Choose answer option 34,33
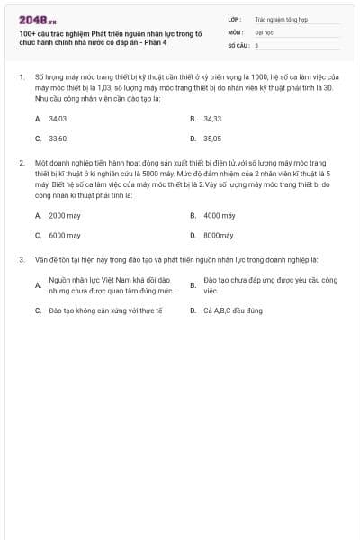pyautogui.click(x=212, y=118)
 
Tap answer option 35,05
pyautogui.click(x=212, y=139)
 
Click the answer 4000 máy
pyautogui.click(x=219, y=215)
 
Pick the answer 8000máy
pyautogui.click(x=218, y=235)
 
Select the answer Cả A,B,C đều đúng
pyautogui.click(x=232, y=310)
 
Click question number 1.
pyautogui.click(x=20, y=78)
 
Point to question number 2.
pyautogui.click(x=20, y=163)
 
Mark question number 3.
pyautogui.click(x=20, y=259)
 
